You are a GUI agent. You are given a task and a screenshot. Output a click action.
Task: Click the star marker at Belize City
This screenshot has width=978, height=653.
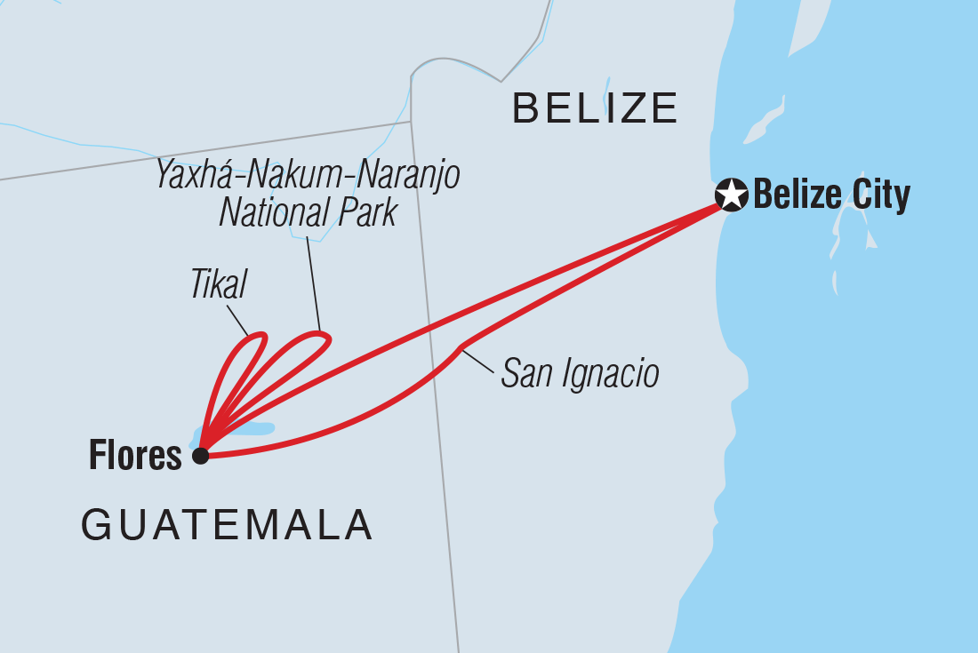coord(732,195)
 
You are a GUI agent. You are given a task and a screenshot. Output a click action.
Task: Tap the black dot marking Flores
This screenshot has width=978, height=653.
coord(201,456)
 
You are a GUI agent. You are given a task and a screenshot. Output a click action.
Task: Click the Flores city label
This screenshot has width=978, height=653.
coord(135,457)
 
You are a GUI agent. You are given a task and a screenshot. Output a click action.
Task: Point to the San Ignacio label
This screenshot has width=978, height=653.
coord(580,374)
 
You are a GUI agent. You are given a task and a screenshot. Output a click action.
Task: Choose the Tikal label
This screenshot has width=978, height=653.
coord(218,284)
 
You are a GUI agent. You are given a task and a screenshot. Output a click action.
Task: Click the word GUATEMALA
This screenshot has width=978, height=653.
coord(227,525)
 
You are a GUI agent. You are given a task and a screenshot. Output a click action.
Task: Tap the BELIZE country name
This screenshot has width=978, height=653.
coord(596,108)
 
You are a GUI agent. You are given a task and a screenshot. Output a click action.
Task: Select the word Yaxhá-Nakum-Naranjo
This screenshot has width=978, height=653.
coord(308,176)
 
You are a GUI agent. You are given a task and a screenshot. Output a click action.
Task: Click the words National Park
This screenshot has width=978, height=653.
coord(308,213)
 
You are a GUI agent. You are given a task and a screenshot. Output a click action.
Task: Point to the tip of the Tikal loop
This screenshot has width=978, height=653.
coord(261,336)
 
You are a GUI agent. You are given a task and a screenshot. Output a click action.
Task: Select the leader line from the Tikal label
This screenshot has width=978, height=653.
coord(238,321)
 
